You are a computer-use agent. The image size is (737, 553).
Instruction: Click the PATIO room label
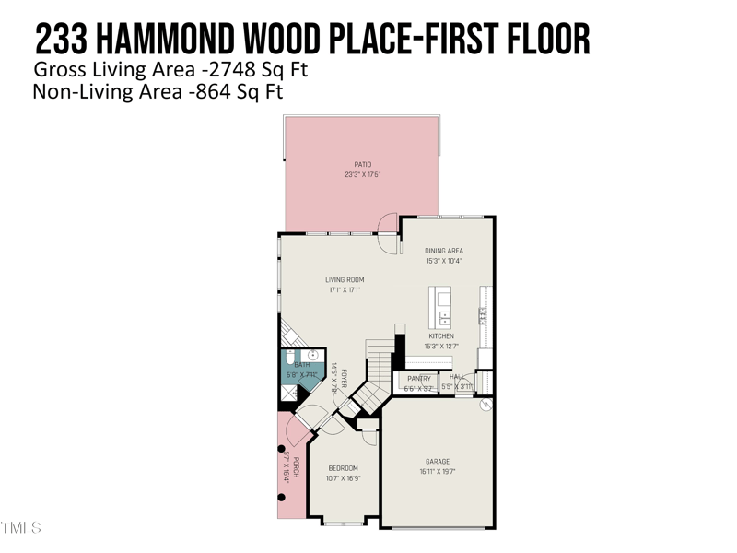point(363,165)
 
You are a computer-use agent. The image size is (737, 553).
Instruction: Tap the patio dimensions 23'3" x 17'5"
point(363,174)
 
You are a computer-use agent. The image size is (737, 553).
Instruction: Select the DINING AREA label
point(443,251)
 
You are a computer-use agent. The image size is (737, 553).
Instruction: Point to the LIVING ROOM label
point(345,280)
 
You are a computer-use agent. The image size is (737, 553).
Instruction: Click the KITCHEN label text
point(441,336)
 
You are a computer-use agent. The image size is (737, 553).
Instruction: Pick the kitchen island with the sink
point(441,307)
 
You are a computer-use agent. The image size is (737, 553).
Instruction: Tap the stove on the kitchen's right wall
point(483,315)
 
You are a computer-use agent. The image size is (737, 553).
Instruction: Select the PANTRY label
point(419,379)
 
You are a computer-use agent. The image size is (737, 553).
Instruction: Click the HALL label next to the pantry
point(458,378)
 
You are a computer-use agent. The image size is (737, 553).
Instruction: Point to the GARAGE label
point(438,462)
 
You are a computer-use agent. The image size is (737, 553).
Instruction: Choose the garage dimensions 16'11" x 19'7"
point(438,472)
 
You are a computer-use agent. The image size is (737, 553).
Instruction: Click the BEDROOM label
point(344,468)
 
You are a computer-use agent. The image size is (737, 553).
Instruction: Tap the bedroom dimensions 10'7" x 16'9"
point(344,478)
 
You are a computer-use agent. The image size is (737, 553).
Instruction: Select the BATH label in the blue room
point(302,365)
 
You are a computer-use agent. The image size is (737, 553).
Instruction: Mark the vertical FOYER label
point(343,378)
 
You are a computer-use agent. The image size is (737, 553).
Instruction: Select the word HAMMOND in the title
point(174,40)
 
